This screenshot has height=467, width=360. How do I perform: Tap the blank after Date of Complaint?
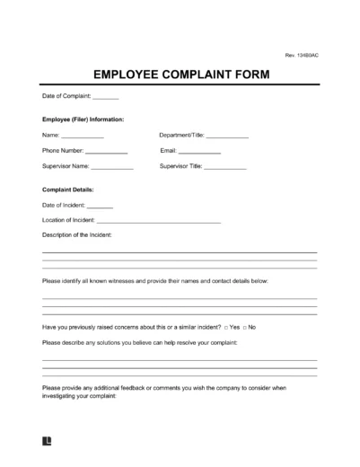(105, 97)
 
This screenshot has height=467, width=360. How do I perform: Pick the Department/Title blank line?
(227, 136)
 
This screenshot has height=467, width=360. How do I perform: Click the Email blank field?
(199, 152)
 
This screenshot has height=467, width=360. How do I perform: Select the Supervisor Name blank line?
(112, 168)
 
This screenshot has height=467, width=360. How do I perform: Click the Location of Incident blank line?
(158, 222)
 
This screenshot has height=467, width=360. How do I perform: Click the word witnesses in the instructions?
(124, 281)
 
